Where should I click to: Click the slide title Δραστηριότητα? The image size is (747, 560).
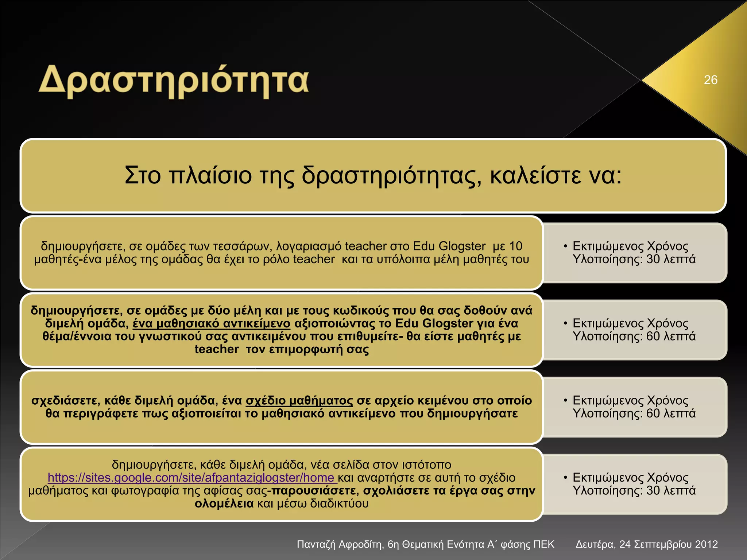pyautogui.click(x=174, y=81)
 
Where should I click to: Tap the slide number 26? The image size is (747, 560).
pyautogui.click(x=711, y=80)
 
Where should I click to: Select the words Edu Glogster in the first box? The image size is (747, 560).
pyautogui.click(x=449, y=246)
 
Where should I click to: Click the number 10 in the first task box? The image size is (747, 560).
pyautogui.click(x=515, y=246)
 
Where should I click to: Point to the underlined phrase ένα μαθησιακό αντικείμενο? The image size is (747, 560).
pyautogui.click(x=211, y=323)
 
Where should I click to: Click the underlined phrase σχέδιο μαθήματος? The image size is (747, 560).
pyautogui.click(x=299, y=401)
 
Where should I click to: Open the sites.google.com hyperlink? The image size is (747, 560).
pyautogui.click(x=191, y=478)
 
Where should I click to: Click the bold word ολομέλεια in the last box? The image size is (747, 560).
pyautogui.click(x=224, y=503)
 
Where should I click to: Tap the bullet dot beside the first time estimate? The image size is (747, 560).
pyautogui.click(x=565, y=246)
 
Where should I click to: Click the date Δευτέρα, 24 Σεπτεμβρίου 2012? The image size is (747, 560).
pyautogui.click(x=646, y=544)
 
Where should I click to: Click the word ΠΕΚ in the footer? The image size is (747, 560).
pyautogui.click(x=543, y=544)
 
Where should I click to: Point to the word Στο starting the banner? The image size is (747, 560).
pyautogui.click(x=143, y=175)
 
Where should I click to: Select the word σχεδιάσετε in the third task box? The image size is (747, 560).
pyautogui.click(x=66, y=401)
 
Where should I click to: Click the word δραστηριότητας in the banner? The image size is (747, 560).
pyautogui.click(x=391, y=175)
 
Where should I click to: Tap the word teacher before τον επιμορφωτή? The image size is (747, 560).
pyautogui.click(x=216, y=349)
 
